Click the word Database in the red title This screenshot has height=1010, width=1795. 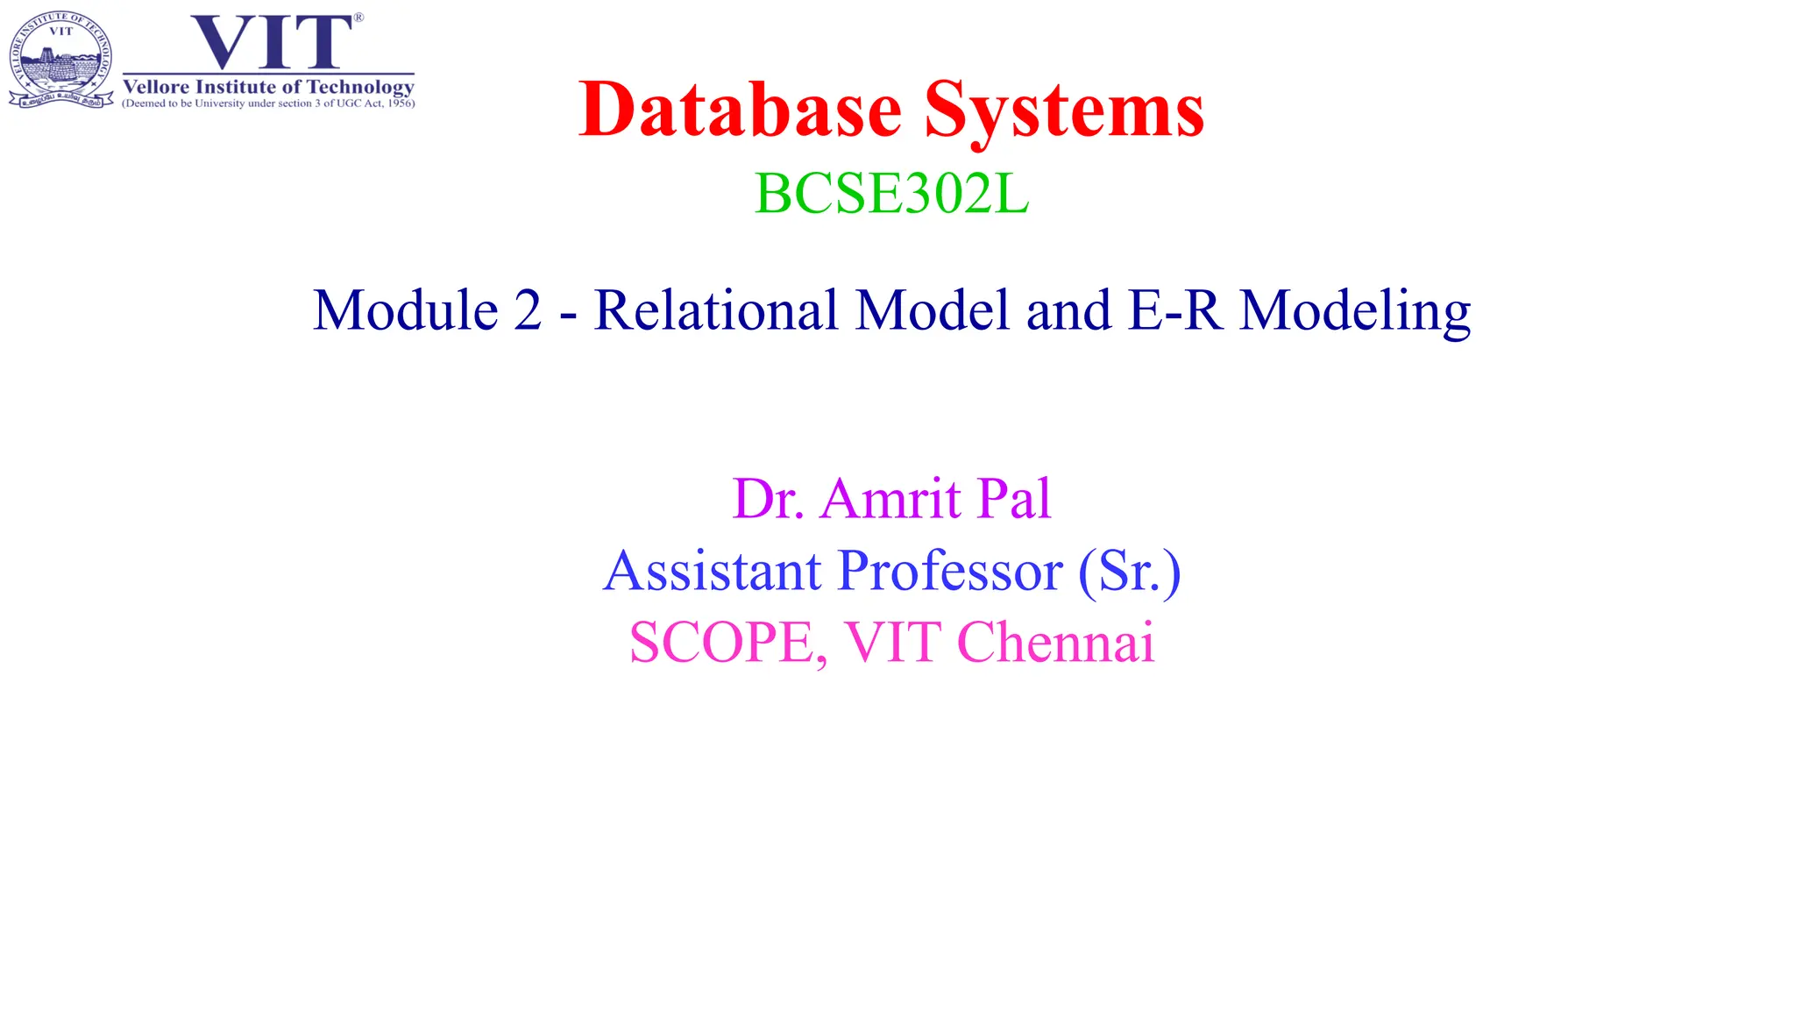click(741, 110)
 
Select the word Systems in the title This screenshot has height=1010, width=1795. click(1064, 112)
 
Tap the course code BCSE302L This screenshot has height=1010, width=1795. click(891, 194)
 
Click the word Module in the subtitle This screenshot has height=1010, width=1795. click(406, 310)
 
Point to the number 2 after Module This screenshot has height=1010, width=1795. click(528, 310)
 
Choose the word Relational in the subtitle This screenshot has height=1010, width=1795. click(715, 310)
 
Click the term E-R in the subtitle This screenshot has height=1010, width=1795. click(1175, 310)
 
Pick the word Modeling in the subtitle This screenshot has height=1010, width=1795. click(1355, 312)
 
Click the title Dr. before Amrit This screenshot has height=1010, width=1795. click(768, 499)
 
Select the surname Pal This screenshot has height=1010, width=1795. click(1014, 499)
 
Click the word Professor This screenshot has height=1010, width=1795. click(950, 571)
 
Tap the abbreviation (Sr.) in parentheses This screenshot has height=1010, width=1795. click(1129, 572)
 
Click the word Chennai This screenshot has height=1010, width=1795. click(1056, 642)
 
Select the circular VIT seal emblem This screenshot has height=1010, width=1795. click(60, 60)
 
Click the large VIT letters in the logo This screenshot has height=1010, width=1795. click(271, 42)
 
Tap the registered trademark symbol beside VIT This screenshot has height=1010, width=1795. click(358, 18)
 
